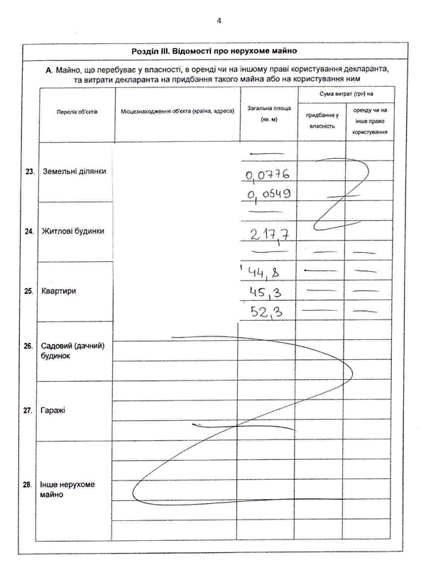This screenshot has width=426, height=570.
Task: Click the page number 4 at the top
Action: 219,21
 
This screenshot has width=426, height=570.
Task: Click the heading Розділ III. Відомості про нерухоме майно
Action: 214,51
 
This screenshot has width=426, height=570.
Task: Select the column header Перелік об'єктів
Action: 72,113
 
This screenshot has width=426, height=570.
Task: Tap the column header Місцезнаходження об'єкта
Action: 177,113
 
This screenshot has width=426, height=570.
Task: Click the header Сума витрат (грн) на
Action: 345,93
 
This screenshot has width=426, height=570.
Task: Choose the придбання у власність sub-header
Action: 321,120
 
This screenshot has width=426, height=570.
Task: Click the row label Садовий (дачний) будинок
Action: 73,351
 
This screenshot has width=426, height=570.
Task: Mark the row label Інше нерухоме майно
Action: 68,489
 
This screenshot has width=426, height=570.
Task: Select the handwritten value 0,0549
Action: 268,194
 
